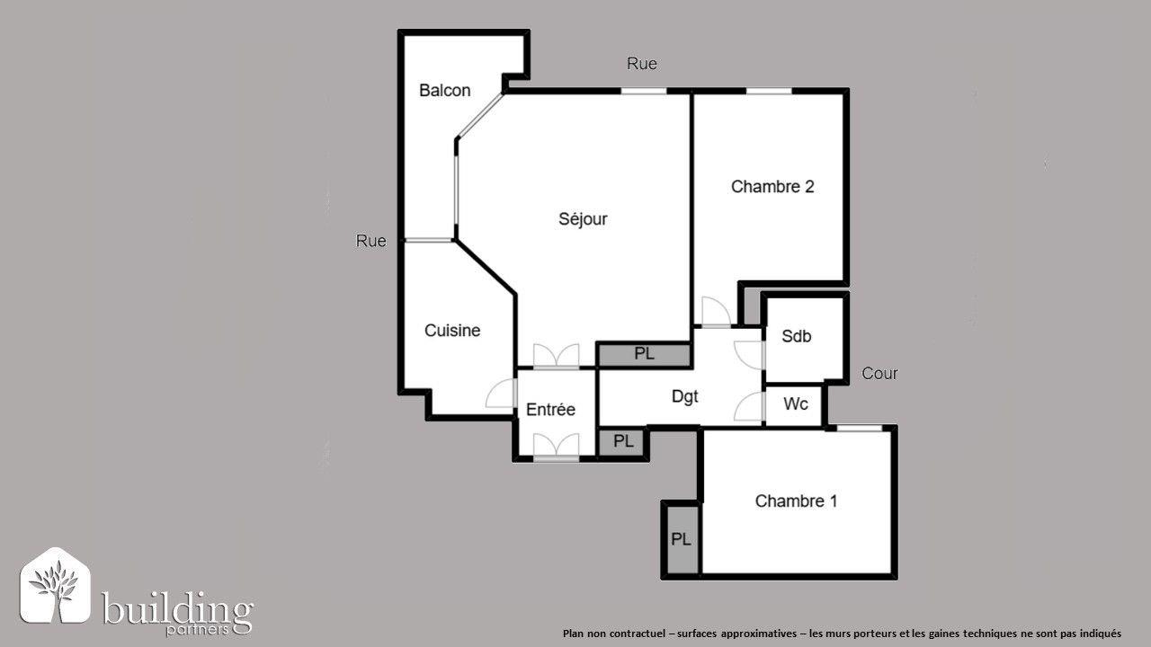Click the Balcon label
(x=444, y=91)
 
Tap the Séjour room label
(x=583, y=219)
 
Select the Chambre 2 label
(x=772, y=187)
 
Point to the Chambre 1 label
(x=796, y=501)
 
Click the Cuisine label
(x=452, y=331)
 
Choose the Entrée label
(x=550, y=410)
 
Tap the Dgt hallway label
(x=685, y=396)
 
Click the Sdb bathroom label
(x=796, y=337)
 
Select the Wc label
(x=796, y=404)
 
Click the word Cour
(x=879, y=374)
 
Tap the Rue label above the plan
(x=642, y=64)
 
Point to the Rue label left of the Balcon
(x=371, y=241)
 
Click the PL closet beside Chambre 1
(x=681, y=539)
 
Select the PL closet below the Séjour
(x=644, y=354)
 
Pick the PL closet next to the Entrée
(x=623, y=442)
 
